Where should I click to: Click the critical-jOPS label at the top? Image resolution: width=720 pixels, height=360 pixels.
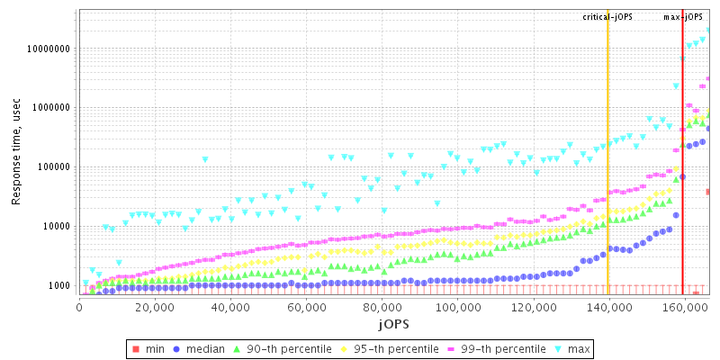click(x=607, y=17)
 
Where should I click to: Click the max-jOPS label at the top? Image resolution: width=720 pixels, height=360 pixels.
click(x=684, y=17)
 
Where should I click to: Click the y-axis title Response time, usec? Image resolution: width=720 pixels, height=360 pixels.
click(x=17, y=152)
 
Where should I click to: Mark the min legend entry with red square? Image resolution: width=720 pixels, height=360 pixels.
click(x=149, y=347)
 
